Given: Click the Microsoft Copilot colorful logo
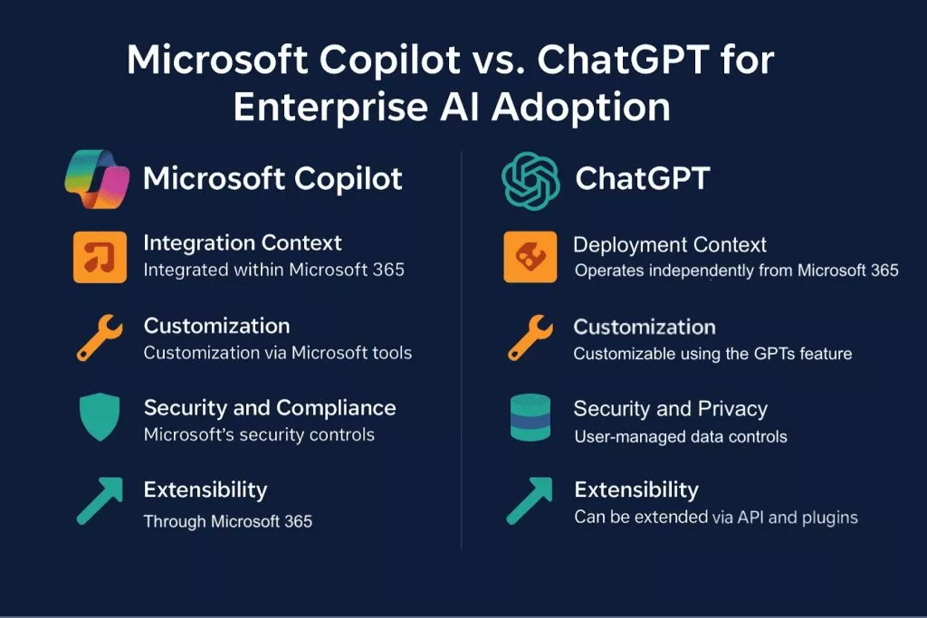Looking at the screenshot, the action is pyautogui.click(x=97, y=180).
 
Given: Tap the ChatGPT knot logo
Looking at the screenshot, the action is pyautogui.click(x=530, y=181).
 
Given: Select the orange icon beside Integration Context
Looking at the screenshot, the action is pyautogui.click(x=100, y=257).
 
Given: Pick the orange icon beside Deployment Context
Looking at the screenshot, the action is pyautogui.click(x=530, y=257).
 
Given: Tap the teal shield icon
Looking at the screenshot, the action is pyautogui.click(x=100, y=416).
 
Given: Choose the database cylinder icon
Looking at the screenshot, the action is pyautogui.click(x=530, y=417).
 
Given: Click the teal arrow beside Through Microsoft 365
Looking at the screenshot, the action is pyautogui.click(x=100, y=500).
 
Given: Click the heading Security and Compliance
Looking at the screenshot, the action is pyautogui.click(x=270, y=408).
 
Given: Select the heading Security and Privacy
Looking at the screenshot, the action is pyautogui.click(x=671, y=409).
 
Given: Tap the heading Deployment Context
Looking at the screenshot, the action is pyautogui.click(x=670, y=244).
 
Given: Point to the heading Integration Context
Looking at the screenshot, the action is pyautogui.click(x=243, y=242).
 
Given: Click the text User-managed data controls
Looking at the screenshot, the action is pyautogui.click(x=681, y=437).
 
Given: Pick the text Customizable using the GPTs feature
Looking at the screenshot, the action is pyautogui.click(x=712, y=354).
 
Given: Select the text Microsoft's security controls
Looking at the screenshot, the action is pyautogui.click(x=259, y=435).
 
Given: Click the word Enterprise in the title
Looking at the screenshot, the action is pyautogui.click(x=330, y=108).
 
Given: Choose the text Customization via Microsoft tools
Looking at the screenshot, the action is pyautogui.click(x=277, y=353).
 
